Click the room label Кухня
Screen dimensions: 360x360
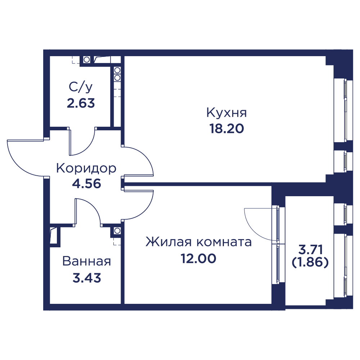click(x=226, y=113)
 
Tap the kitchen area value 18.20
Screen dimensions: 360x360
click(x=226, y=129)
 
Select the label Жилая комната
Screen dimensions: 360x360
click(x=199, y=242)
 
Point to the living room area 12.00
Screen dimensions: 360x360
click(x=198, y=258)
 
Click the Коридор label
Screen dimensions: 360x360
click(x=86, y=168)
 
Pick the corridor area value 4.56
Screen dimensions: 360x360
click(x=86, y=184)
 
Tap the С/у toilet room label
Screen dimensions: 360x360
click(x=81, y=87)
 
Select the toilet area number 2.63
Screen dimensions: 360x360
click(x=81, y=103)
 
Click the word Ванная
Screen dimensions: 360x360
click(x=86, y=261)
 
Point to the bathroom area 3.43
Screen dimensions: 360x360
click(x=87, y=278)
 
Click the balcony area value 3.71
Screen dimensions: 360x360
click(x=310, y=249)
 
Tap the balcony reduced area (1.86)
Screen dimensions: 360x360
click(x=310, y=262)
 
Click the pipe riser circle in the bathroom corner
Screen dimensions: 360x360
click(x=117, y=230)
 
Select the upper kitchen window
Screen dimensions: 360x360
click(x=343, y=110)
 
